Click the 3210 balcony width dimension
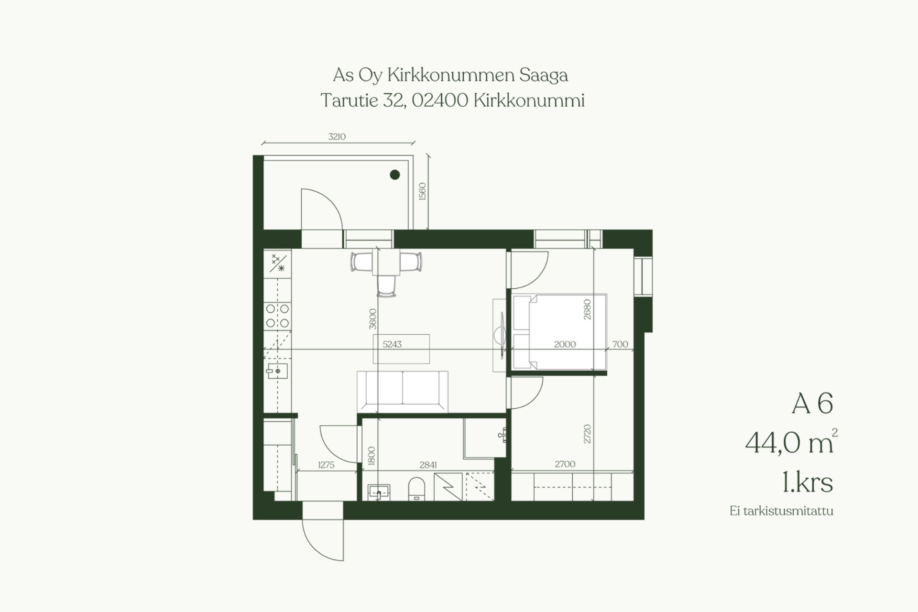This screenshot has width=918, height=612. pyautogui.click(x=337, y=137)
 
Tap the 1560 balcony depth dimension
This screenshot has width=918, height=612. pyautogui.click(x=422, y=191)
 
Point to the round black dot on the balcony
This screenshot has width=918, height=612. pyautogui.click(x=394, y=175)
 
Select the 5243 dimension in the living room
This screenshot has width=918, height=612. pyautogui.click(x=392, y=344)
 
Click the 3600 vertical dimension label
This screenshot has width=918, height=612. pyautogui.click(x=373, y=319)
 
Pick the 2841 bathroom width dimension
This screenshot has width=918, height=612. pyautogui.click(x=428, y=465)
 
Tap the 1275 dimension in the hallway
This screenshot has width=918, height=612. pyautogui.click(x=326, y=465)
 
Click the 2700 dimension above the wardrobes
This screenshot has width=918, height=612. pyautogui.click(x=565, y=464)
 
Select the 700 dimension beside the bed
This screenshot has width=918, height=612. pyautogui.click(x=620, y=344)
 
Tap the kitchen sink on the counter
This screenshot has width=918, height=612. pyautogui.click(x=277, y=371)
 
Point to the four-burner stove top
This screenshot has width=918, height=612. pyautogui.click(x=277, y=316)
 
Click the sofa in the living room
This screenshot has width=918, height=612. pyautogui.click(x=402, y=391)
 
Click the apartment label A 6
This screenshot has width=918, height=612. pyautogui.click(x=812, y=404)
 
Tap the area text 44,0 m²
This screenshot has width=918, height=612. pyautogui.click(x=791, y=442)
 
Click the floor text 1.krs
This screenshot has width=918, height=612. pyautogui.click(x=808, y=482)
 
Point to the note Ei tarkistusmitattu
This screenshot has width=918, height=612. pyautogui.click(x=781, y=511)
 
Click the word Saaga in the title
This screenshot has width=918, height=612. pyautogui.click(x=544, y=76)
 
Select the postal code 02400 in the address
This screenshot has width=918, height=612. pyautogui.click(x=439, y=100)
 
